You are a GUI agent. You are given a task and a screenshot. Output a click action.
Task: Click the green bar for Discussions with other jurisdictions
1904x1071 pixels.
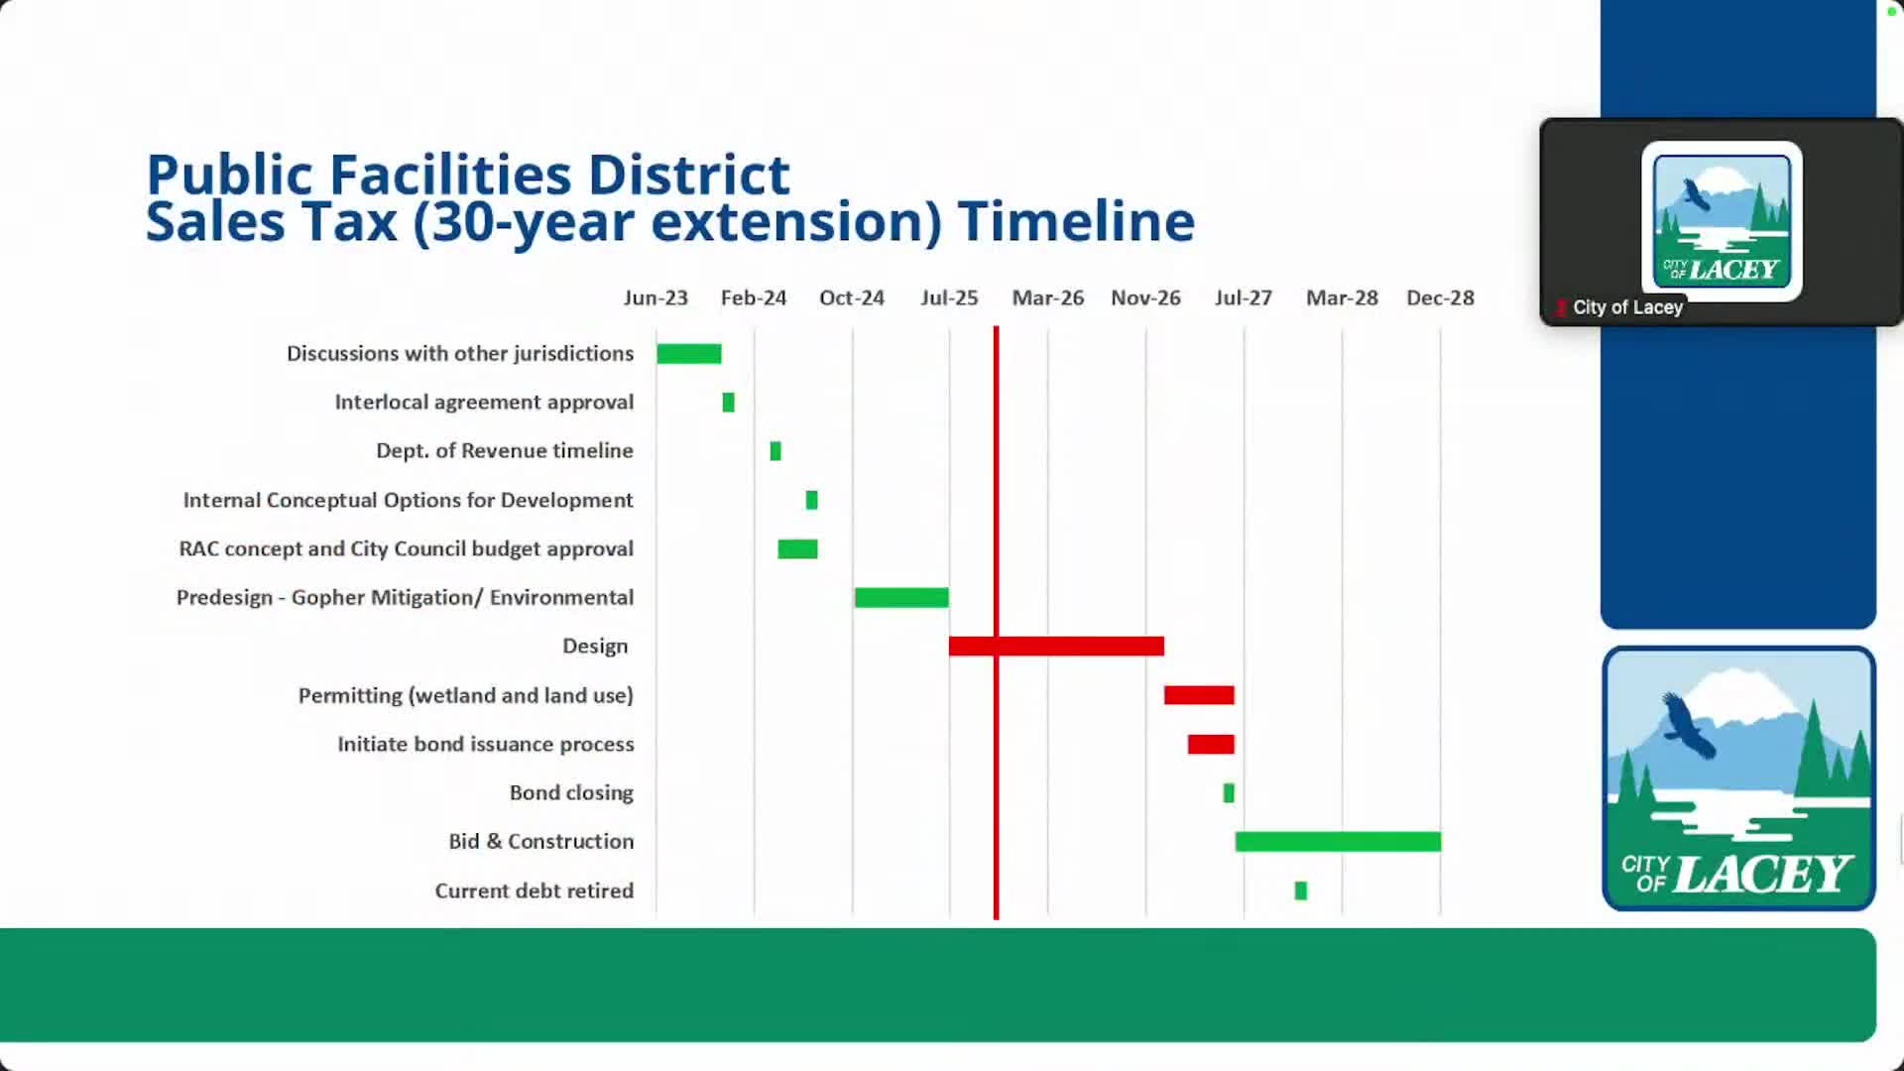click(688, 354)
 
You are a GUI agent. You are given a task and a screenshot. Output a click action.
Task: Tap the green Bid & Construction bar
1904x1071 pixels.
click(1337, 842)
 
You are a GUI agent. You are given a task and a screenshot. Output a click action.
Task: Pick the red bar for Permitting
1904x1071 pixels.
click(1199, 695)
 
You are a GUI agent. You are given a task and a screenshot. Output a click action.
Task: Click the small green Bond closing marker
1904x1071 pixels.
click(1229, 793)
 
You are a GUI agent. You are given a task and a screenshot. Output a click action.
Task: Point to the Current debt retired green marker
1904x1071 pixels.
click(1300, 891)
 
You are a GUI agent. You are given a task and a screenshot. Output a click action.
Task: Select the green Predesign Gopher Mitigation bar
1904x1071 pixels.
click(901, 597)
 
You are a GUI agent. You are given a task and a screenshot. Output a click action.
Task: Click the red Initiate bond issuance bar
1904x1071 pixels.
click(1211, 744)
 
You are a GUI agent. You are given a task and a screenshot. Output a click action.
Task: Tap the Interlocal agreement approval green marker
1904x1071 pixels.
click(728, 403)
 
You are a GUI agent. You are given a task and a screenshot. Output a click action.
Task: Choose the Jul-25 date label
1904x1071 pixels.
click(949, 297)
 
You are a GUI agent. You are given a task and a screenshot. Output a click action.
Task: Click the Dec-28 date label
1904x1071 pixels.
click(1440, 297)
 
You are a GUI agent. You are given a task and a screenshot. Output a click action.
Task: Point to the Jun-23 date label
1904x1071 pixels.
click(655, 297)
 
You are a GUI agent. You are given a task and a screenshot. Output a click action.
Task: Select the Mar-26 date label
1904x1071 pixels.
click(1047, 297)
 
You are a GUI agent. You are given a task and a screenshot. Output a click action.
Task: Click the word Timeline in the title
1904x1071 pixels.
click(1076, 221)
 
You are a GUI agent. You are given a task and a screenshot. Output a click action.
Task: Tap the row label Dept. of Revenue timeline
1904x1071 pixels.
click(504, 451)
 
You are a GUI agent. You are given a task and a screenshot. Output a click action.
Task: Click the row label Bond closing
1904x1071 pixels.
click(571, 793)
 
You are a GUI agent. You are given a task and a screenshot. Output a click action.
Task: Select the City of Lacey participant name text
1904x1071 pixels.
click(1627, 307)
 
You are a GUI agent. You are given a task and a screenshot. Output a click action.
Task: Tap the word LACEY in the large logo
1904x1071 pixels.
click(1762, 875)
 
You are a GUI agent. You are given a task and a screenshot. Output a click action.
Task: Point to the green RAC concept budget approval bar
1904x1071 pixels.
click(797, 549)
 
